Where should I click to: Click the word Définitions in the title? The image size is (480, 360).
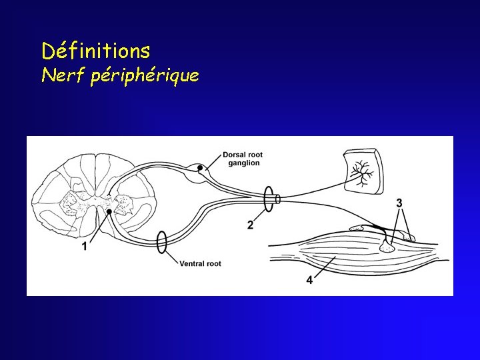tap(95, 50)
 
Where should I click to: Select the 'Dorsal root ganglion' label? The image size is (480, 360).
tap(242, 159)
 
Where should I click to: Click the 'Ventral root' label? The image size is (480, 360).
tap(200, 264)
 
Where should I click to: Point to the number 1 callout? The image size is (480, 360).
tap(85, 247)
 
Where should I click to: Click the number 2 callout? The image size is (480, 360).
tap(250, 225)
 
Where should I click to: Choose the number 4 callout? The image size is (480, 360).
tap(309, 280)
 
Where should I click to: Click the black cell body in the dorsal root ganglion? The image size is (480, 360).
tap(199, 167)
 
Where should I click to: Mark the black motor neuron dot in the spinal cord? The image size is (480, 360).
tap(109, 211)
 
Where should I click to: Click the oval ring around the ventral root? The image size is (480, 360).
tap(161, 242)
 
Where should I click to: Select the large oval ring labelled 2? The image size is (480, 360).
tap(269, 199)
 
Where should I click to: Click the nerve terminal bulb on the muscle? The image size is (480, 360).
tap(386, 247)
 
